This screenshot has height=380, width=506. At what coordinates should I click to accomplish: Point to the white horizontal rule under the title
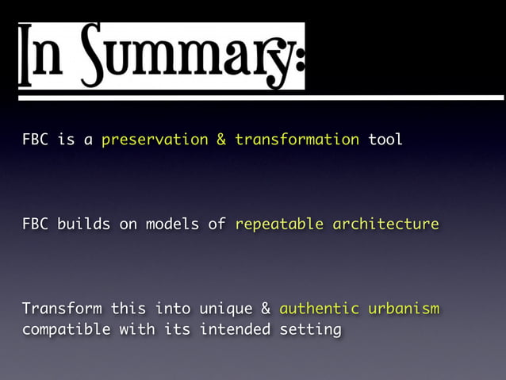[x=261, y=98]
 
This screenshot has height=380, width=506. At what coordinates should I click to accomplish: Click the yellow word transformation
[x=297, y=140]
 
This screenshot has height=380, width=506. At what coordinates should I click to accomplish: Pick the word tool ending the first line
[x=385, y=140]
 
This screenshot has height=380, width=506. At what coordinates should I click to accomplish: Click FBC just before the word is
[x=35, y=140]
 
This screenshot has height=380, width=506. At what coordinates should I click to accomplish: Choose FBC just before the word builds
[x=35, y=225]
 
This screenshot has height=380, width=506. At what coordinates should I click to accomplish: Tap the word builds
[x=83, y=225]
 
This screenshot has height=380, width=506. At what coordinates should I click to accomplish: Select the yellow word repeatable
[x=278, y=225]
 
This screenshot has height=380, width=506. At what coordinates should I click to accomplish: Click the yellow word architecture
[x=385, y=225]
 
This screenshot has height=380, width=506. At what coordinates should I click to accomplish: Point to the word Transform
[x=61, y=308]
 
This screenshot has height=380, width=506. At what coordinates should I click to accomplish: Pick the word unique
[x=225, y=309]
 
